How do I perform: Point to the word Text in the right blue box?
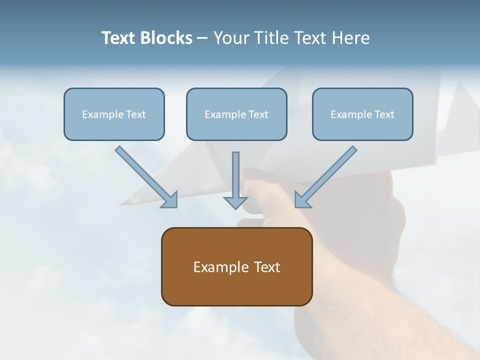(x=384, y=114)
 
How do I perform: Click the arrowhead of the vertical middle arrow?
(x=235, y=202)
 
